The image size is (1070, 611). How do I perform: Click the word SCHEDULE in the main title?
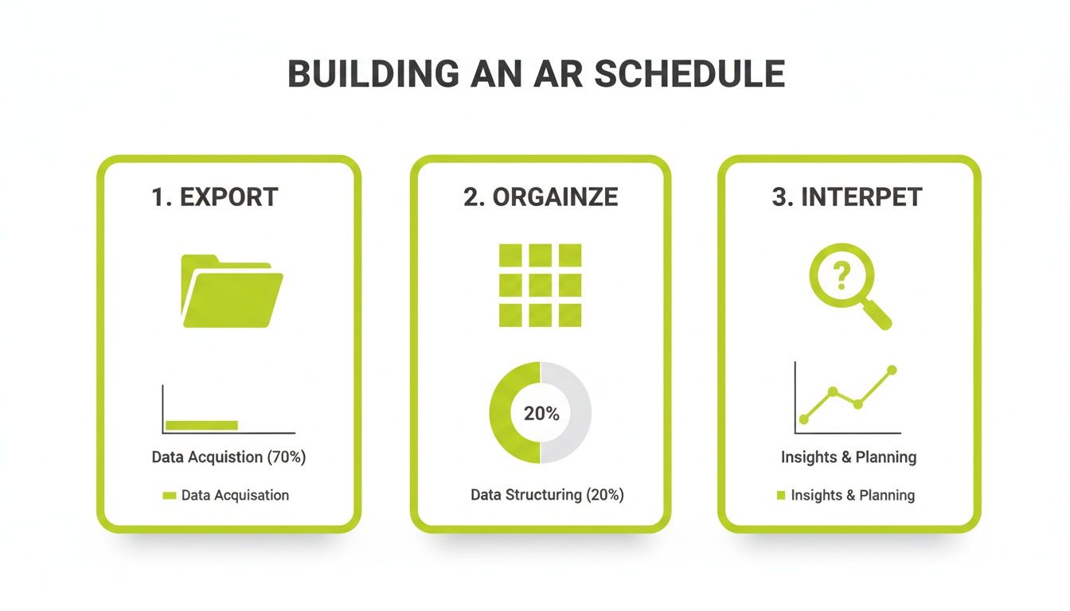[x=689, y=74]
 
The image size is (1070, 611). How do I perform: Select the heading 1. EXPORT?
[x=215, y=197]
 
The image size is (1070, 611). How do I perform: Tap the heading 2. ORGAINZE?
[x=541, y=197]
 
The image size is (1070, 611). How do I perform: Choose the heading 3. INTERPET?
[x=847, y=197]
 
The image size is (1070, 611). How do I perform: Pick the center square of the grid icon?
[x=540, y=285]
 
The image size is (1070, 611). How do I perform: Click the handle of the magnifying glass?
[x=877, y=315]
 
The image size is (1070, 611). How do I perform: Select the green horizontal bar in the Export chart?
[x=201, y=425]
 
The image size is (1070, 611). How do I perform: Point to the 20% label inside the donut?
[x=541, y=414]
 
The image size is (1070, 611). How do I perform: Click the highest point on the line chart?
[x=892, y=370]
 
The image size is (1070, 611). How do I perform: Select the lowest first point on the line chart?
[x=803, y=418]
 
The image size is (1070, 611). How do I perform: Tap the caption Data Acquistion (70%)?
[x=229, y=457]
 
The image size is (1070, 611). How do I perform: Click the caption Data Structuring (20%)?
[x=547, y=495]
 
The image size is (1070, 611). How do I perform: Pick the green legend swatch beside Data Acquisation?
[x=169, y=496]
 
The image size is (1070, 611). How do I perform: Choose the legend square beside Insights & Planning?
[x=780, y=496]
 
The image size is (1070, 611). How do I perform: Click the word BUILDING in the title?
[x=373, y=74]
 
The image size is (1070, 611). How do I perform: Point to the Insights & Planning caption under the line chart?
[x=849, y=457]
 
